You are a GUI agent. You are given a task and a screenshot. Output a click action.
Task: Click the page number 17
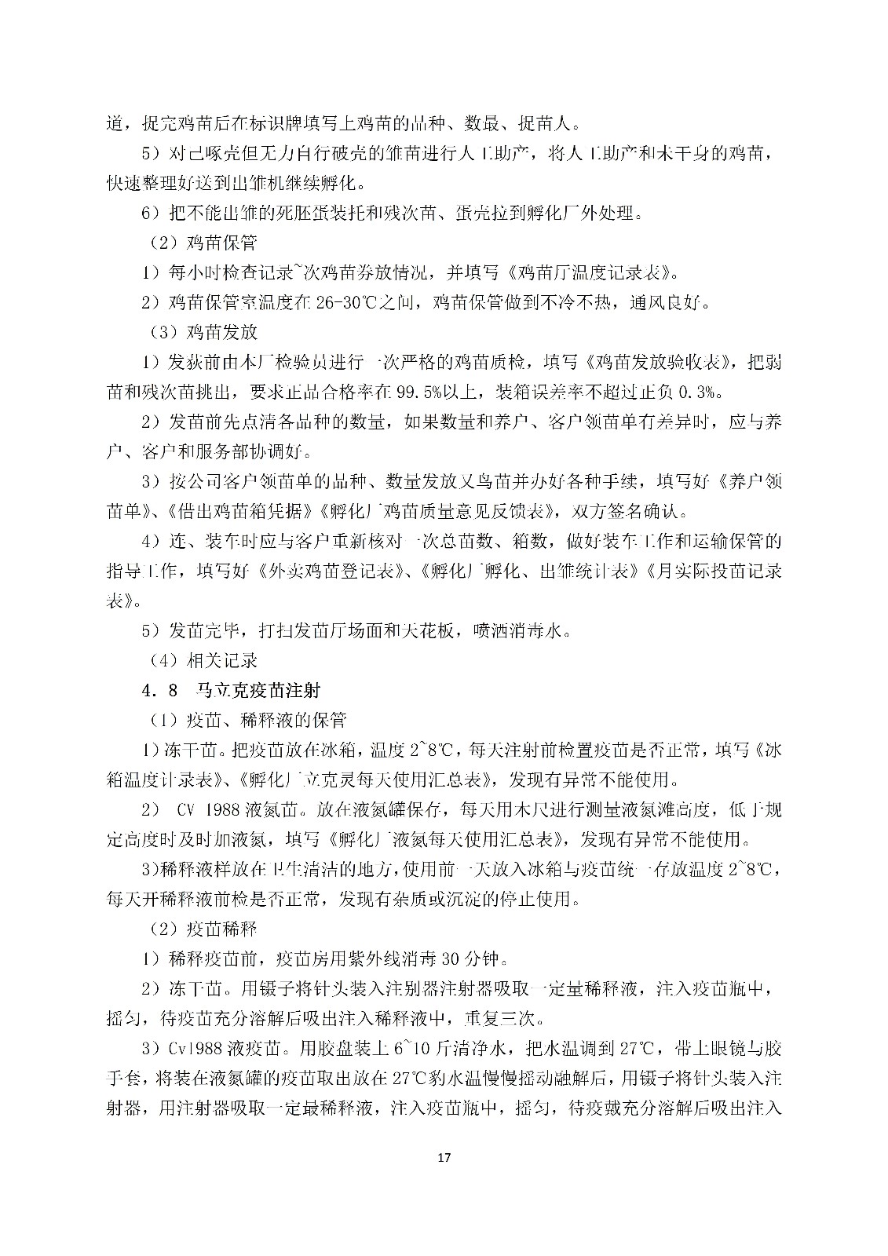444,1156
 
